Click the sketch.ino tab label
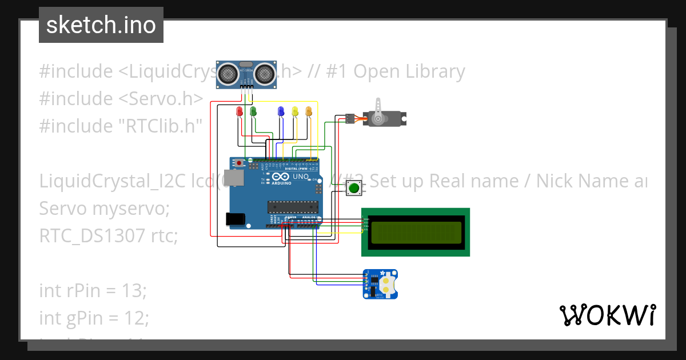(x=101, y=25)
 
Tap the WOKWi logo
(x=607, y=315)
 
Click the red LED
(x=240, y=111)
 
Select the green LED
(x=253, y=111)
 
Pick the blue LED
(x=281, y=111)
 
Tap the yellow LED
(x=295, y=111)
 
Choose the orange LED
(x=309, y=111)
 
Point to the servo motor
(x=380, y=118)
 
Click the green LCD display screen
(x=416, y=232)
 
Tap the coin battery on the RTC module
(x=388, y=285)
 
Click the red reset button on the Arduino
(x=238, y=163)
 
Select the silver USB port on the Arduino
(x=232, y=178)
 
